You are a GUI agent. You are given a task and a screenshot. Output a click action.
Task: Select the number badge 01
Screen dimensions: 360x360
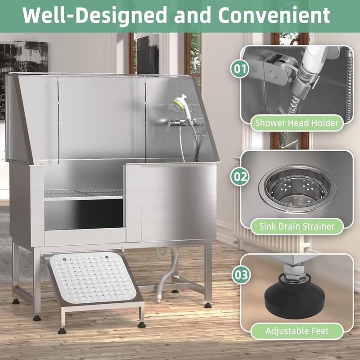pyautogui.click(x=240, y=70)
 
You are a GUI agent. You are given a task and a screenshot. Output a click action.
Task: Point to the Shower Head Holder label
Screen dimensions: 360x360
pyautogui.click(x=297, y=122)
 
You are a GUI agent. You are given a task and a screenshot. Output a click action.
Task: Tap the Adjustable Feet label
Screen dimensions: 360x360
pyautogui.click(x=297, y=331)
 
